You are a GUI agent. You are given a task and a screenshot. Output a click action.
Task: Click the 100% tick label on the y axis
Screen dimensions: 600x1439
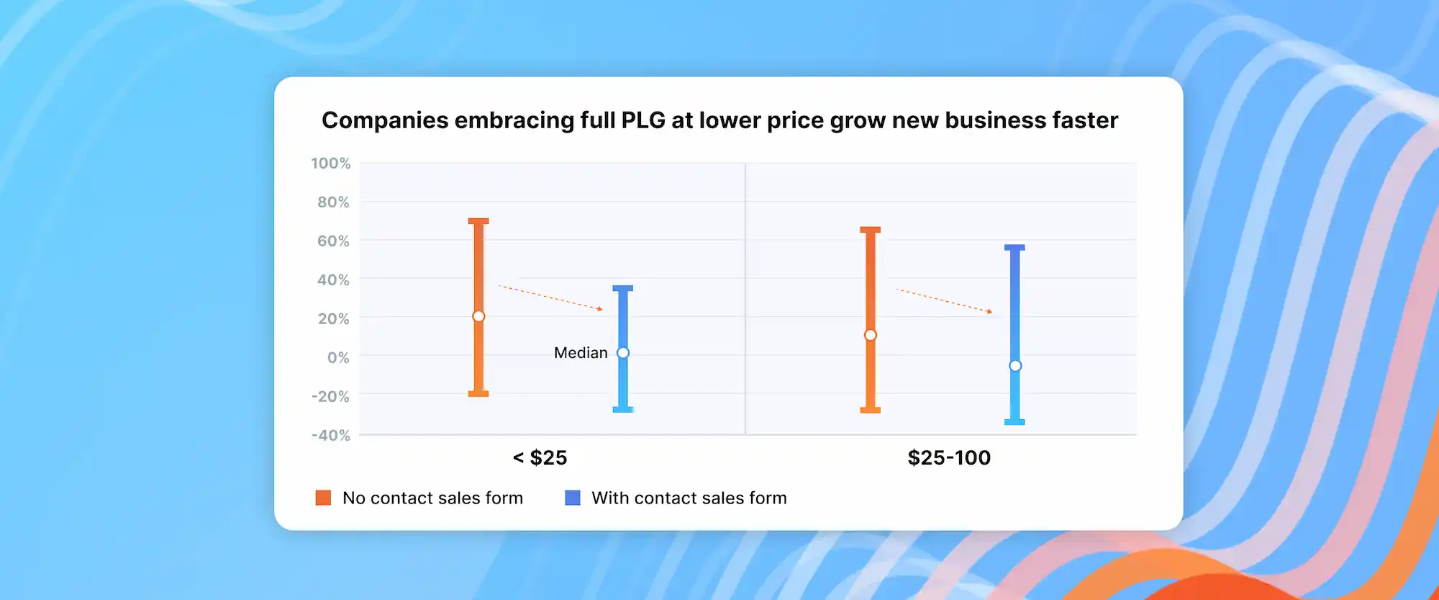[330, 164]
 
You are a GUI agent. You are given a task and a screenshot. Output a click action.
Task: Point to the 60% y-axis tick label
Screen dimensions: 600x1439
[332, 241]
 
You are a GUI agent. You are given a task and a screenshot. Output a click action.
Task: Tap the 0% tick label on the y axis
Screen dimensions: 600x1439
[337, 358]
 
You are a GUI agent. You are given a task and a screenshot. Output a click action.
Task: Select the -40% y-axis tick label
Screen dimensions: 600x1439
[330, 435]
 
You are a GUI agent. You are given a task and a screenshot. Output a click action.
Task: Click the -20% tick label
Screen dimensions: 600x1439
[330, 397]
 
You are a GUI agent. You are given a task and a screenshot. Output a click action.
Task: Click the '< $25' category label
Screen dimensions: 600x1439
[540, 458]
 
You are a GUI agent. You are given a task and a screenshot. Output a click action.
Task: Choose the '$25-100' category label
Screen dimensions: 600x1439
[949, 458]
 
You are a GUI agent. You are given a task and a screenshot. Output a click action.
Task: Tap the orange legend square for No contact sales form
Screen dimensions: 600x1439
[323, 498]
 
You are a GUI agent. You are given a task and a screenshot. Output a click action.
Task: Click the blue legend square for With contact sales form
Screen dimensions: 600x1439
[573, 498]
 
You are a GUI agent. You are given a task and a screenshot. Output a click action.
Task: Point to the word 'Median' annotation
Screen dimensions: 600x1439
[581, 353]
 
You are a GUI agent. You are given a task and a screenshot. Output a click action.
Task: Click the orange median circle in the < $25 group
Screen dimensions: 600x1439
[478, 316]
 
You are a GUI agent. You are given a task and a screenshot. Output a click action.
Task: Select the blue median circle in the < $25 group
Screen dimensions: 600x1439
[623, 353]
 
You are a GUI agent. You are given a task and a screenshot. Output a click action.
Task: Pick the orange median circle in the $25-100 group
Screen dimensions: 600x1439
[871, 335]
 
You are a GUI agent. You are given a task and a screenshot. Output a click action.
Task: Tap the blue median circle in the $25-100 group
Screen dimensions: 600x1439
[1015, 366]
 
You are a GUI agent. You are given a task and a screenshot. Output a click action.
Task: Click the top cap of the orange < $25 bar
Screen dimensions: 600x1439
[478, 221]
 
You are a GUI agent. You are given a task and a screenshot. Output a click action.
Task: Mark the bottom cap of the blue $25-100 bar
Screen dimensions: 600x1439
[1014, 422]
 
